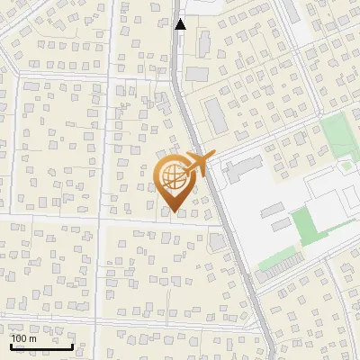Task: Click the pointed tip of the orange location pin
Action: tap(174, 211)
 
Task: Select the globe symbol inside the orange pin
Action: tap(174, 178)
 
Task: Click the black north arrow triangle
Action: tap(180, 24)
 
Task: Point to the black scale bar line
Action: tap(41, 346)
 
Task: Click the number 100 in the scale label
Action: tap(20, 338)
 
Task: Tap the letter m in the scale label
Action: tap(32, 338)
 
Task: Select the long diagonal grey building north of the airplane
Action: tap(215, 114)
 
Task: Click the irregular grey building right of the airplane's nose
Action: tap(241, 166)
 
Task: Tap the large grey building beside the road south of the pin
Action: tap(218, 242)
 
